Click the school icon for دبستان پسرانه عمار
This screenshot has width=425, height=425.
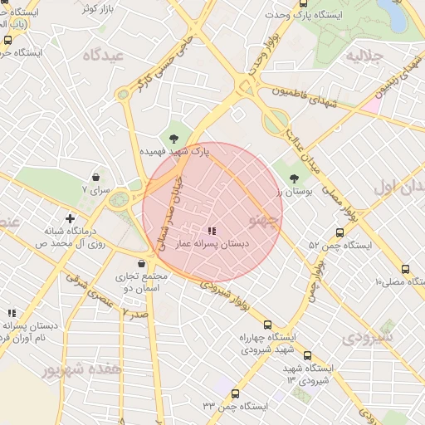click(211, 230)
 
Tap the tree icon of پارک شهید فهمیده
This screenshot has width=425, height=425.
click(174, 137)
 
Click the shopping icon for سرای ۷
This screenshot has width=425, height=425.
click(97, 177)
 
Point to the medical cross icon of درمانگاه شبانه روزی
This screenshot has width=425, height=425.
click(71, 218)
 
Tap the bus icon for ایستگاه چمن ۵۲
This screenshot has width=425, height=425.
click(340, 233)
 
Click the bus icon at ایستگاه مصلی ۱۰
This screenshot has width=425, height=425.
click(405, 269)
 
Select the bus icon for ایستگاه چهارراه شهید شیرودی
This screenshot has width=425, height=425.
click(266, 325)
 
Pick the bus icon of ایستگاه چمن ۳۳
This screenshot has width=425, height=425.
click(235, 394)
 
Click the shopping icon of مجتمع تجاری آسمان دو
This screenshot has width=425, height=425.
click(141, 263)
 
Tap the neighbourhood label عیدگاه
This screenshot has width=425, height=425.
click(103, 55)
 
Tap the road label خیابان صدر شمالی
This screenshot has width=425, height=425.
click(168, 207)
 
